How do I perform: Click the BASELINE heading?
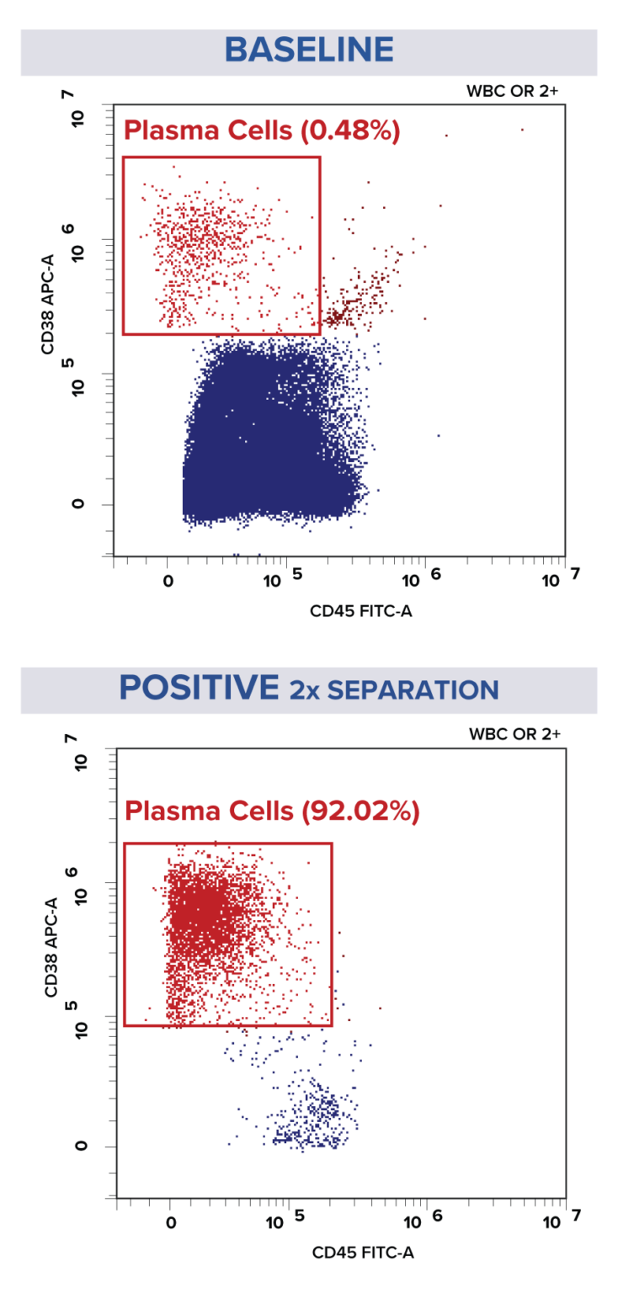click(309, 51)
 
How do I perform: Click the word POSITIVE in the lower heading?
click(198, 689)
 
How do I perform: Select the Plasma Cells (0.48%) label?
click(261, 130)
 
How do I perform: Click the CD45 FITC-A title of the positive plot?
click(363, 1252)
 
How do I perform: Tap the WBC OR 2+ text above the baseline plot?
click(511, 90)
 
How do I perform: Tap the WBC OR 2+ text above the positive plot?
click(514, 734)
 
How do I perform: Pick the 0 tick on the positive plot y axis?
click(80, 1147)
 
